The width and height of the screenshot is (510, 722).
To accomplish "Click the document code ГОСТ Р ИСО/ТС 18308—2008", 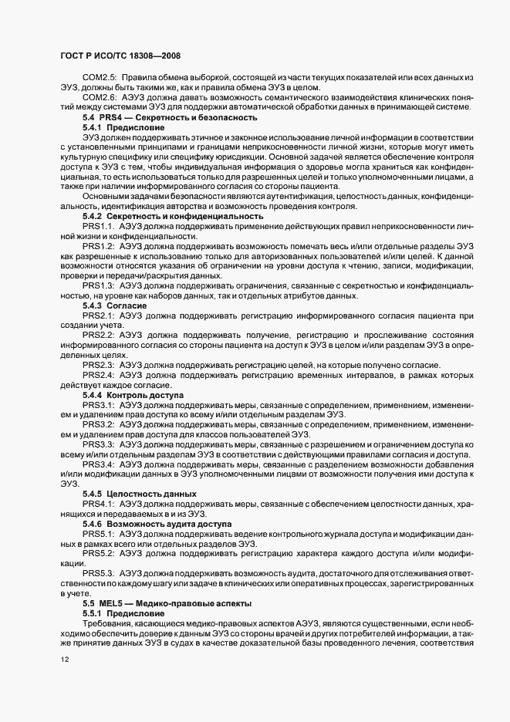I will [x=120, y=57].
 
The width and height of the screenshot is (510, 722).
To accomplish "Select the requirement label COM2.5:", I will [x=100, y=78].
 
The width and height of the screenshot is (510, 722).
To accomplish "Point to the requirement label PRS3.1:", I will [x=98, y=405].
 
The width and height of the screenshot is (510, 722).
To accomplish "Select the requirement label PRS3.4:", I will [x=98, y=464].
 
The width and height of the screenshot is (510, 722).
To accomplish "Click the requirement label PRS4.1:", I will [x=98, y=504].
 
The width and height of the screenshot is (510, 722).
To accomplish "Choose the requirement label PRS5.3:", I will [x=98, y=573].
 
